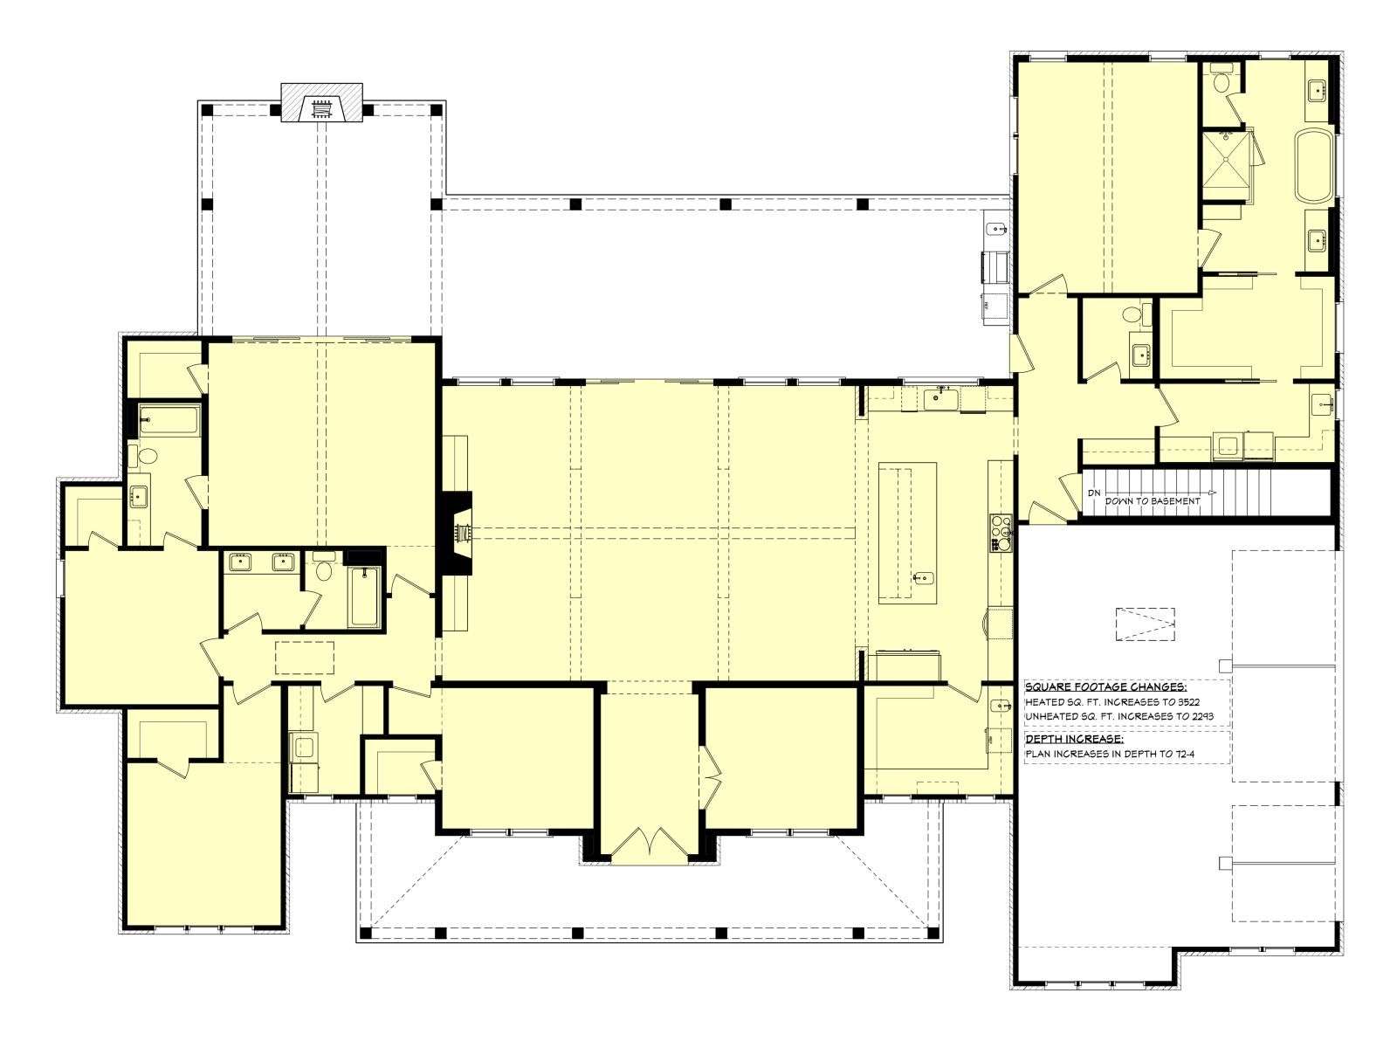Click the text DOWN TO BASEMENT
tap(1152, 500)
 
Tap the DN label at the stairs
tap(1094, 493)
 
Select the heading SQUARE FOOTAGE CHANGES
tap(1105, 687)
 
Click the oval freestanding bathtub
tap(1313, 165)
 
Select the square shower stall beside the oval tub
tap(1224, 165)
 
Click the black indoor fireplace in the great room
tap(458, 534)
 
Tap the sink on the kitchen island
tap(923, 578)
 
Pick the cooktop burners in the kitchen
tap(1001, 533)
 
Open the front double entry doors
tap(650, 845)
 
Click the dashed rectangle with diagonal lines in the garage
tap(1145, 624)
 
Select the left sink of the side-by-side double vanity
tap(240, 562)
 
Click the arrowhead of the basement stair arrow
tap(1212, 493)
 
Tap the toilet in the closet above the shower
tap(1221, 81)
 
